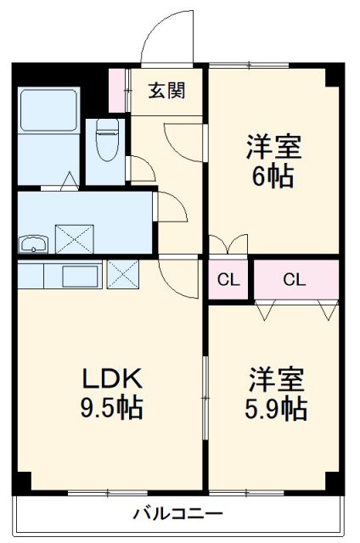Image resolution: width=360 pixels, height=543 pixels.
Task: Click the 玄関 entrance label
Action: coord(166,91)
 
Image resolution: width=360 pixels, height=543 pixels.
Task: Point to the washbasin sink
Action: coord(34,245)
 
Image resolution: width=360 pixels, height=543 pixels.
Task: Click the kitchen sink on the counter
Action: coord(80,277)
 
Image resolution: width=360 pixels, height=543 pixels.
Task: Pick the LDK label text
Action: coord(105,378)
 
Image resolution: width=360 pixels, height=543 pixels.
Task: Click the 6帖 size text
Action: coord(273,177)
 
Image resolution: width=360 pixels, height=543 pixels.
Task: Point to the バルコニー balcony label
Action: coord(178,513)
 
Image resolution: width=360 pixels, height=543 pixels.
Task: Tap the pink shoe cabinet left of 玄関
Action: coord(117,87)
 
